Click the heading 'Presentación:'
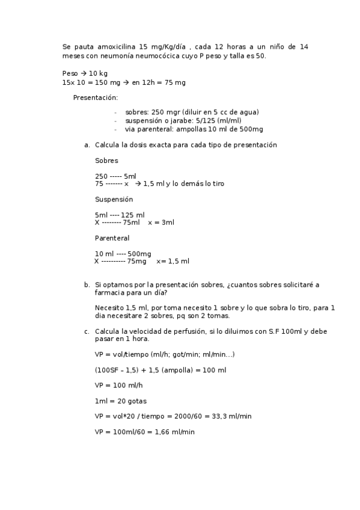pyautogui.click(x=96, y=97)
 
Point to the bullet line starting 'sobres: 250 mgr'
pyautogui.click(x=192, y=112)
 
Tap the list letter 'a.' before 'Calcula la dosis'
pyautogui.click(x=87, y=145)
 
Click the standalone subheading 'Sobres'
pyautogui.click(x=106, y=161)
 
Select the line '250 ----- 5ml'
pyautogui.click(x=115, y=176)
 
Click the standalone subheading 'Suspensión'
pyautogui.click(x=114, y=199)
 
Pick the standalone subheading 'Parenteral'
pyautogui.click(x=112, y=238)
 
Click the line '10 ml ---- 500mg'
pyautogui.click(x=123, y=254)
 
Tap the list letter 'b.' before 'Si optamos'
pyautogui.click(x=87, y=285)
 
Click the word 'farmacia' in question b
pyautogui.click(x=109, y=293)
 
